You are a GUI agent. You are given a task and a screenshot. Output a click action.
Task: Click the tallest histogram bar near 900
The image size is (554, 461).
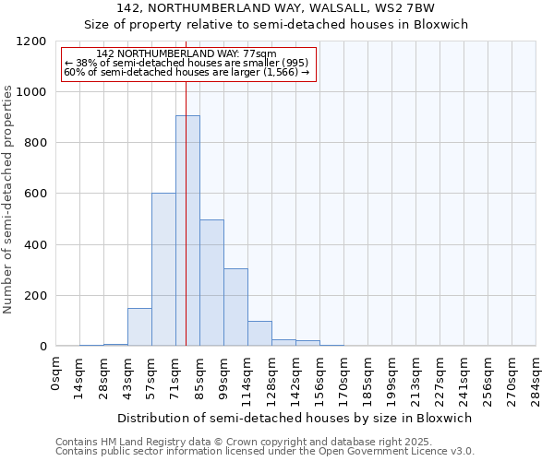click(187, 230)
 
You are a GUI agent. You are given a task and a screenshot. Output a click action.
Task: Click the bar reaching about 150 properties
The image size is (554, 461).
click(139, 327)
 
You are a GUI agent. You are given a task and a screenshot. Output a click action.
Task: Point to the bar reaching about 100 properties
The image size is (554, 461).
click(259, 334)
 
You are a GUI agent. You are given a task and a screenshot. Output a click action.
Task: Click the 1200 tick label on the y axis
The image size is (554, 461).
click(30, 41)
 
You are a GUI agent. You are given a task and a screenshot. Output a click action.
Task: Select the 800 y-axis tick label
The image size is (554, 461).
click(34, 143)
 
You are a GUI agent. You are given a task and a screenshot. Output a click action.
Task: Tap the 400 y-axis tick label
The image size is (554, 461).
click(34, 245)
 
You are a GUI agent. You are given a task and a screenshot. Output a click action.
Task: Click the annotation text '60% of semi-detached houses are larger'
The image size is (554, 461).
click(187, 72)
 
